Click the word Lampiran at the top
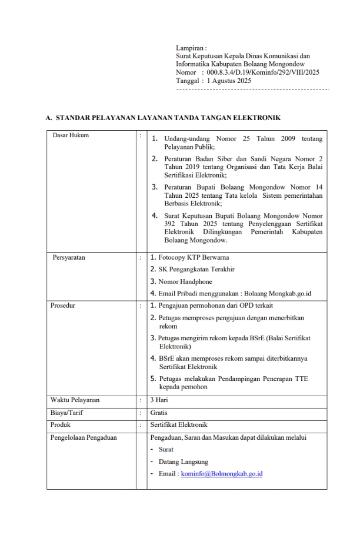coord(190,48)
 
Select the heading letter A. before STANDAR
coord(49,118)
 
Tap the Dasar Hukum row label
coord(71,135)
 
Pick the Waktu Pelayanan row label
coord(75,400)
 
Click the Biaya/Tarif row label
coord(66,413)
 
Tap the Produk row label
coord(61,424)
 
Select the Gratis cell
coord(159,413)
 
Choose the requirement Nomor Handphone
coord(185,281)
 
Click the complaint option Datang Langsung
coord(184,462)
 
